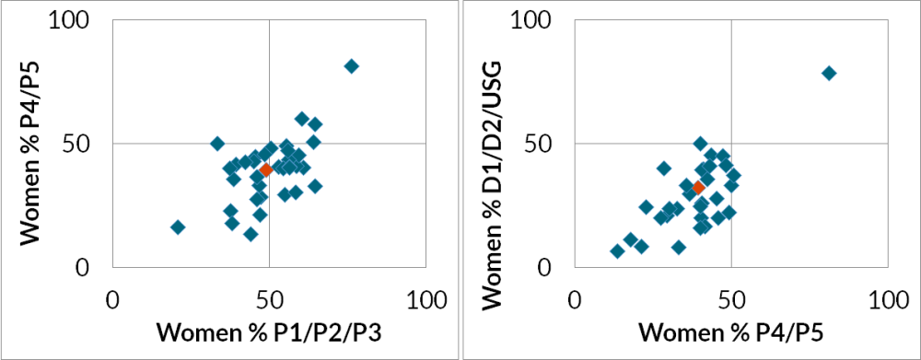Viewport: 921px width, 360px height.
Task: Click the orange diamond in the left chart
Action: click(266, 169)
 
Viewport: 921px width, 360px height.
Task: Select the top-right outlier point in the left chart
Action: click(351, 66)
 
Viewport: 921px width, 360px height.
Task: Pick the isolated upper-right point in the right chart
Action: click(829, 73)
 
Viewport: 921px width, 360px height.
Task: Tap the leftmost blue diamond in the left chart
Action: click(178, 226)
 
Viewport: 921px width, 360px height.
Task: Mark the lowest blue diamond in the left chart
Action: click(251, 234)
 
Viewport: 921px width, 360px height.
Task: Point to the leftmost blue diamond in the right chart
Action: click(617, 250)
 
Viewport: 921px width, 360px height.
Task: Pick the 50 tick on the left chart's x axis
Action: click(269, 300)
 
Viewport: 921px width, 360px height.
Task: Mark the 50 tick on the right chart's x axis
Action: click(731, 300)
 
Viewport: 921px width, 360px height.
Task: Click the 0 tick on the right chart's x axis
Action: click(575, 300)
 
